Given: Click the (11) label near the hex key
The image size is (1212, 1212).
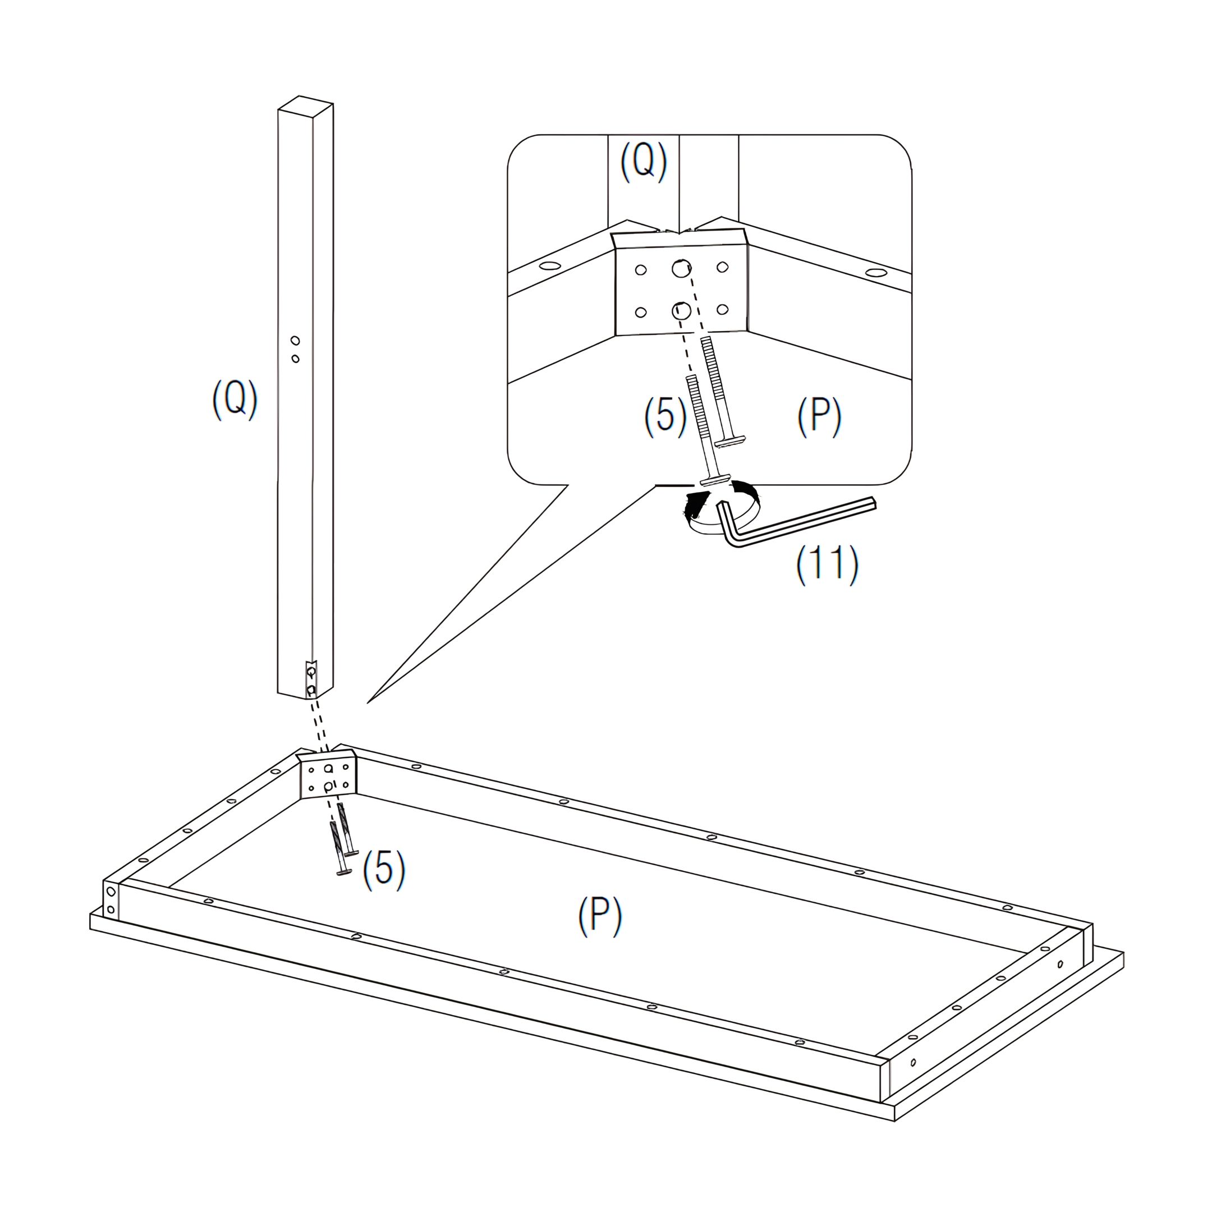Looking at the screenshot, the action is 827,564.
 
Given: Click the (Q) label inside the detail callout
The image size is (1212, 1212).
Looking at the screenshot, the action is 644,161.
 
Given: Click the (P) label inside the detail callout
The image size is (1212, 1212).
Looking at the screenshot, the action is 819,416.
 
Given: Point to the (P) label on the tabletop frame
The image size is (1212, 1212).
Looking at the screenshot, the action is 600,916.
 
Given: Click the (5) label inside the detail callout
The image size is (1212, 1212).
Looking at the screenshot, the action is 665,416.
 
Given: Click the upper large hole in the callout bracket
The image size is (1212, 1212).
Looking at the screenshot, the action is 681,269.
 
